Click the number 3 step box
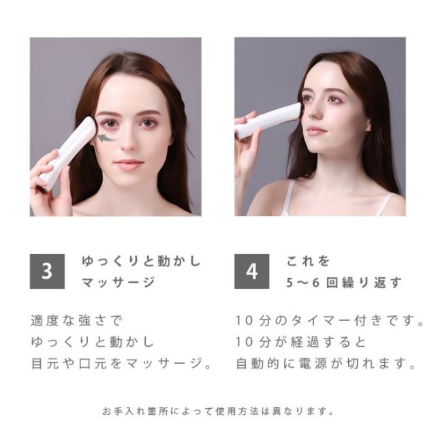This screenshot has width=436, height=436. [47, 271]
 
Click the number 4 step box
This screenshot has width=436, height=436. [251, 271]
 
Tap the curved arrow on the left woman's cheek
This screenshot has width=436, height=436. [104, 140]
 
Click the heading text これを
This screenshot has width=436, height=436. [309, 261]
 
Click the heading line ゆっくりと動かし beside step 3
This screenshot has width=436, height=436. [142, 261]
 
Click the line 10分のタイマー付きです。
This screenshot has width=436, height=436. [325, 320]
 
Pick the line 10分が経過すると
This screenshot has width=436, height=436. [301, 341]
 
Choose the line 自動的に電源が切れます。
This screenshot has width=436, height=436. [325, 363]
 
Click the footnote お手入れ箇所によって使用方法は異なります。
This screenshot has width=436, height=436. [218, 411]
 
